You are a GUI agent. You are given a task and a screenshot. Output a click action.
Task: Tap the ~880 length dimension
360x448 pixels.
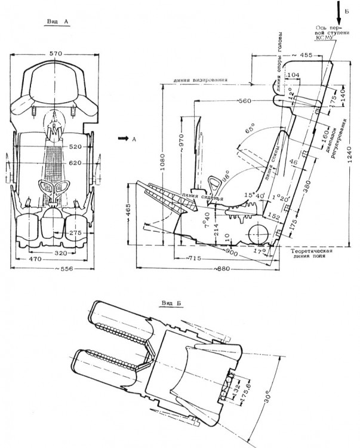(x=223, y=269)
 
